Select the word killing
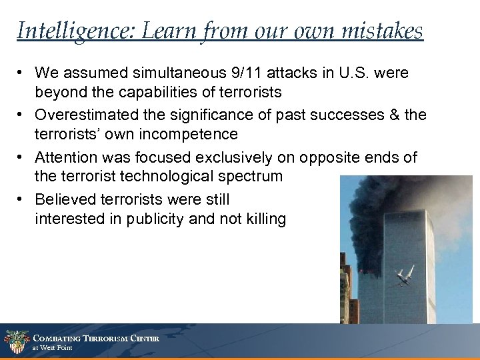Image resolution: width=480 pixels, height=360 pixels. coord(263,219)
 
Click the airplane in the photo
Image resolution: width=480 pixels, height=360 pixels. coord(404,275)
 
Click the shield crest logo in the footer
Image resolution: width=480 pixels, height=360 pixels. coord(15,341)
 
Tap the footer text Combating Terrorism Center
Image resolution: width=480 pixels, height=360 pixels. coord(95,337)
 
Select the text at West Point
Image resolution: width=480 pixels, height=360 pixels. coord(53,348)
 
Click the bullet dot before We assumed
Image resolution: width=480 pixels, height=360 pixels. coord(23,72)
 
